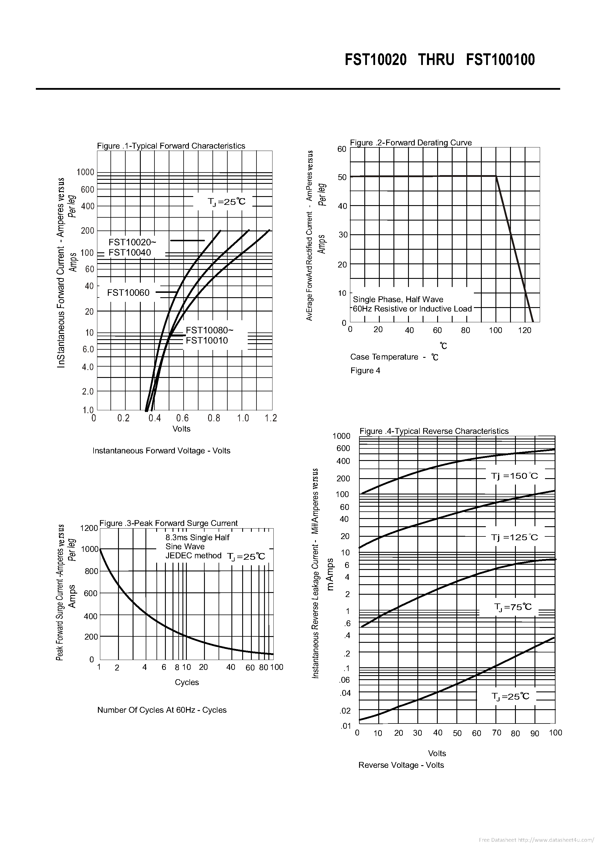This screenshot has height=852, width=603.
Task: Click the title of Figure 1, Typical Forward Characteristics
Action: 171,146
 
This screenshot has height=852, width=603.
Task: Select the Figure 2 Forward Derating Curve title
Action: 411,142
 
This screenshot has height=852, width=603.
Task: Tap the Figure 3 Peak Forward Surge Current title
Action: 168,523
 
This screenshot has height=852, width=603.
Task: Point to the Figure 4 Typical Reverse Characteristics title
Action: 434,431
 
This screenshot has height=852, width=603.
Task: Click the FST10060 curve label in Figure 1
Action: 128,293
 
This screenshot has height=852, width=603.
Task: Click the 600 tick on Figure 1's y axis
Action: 88,190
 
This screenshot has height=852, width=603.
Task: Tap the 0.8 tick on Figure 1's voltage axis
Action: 214,418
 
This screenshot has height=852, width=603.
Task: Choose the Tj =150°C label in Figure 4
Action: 514,476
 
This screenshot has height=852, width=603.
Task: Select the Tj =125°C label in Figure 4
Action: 514,537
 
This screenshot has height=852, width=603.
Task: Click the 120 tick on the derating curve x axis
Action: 524,330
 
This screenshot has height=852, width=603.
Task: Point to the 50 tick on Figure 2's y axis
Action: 342,177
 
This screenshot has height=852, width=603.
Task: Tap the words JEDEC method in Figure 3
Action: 193,555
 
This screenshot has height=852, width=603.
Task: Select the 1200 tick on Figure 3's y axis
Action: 89,528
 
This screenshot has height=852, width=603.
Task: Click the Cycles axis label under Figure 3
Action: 187,682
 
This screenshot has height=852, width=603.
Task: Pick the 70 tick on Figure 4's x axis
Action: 496,733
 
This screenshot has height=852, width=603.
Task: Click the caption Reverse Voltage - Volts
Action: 401,765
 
